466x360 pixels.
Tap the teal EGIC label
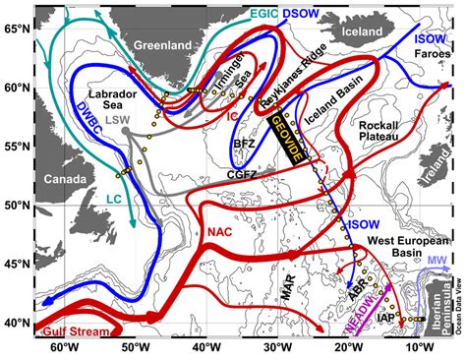[263, 14]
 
